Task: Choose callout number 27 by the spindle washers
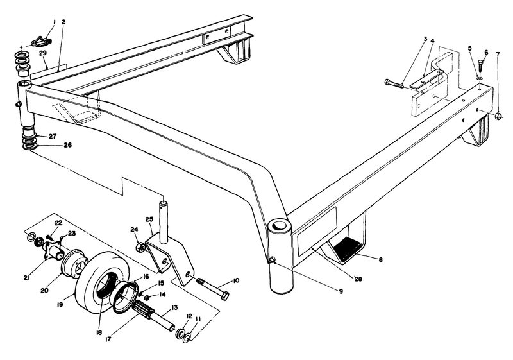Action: click(51, 136)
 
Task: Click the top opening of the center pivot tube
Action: click(280, 226)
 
